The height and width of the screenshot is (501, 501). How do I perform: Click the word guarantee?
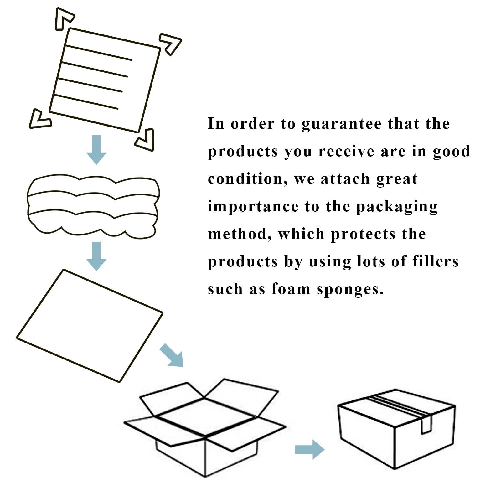342,124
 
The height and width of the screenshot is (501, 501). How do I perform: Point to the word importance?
253,206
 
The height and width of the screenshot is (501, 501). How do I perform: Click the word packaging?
397,207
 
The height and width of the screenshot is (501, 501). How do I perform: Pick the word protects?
363,234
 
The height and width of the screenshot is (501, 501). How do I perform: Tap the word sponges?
350,289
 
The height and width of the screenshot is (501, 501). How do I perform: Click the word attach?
345,179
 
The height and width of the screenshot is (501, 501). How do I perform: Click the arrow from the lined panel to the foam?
96,150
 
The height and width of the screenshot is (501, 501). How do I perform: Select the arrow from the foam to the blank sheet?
96,256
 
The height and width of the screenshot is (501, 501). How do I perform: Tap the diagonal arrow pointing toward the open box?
172,355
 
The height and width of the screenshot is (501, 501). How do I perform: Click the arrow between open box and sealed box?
309,450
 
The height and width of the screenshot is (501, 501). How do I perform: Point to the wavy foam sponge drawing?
93,204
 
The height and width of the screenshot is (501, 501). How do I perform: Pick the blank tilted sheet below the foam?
90,326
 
